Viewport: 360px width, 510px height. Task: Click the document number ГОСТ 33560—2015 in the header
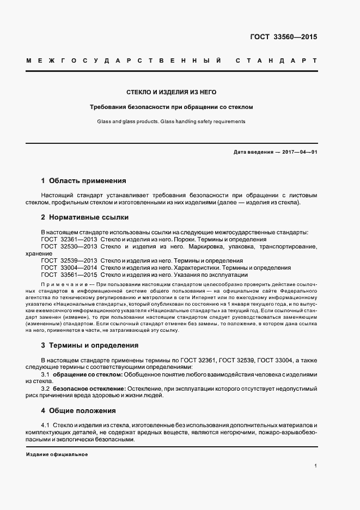point(283,38)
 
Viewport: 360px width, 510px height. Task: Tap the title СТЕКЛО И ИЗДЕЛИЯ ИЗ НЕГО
point(171,93)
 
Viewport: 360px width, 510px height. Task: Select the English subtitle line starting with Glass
point(171,122)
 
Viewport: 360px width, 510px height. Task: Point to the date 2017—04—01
point(300,151)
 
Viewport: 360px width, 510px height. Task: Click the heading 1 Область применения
point(84,180)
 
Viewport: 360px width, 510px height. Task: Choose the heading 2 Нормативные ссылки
point(85,217)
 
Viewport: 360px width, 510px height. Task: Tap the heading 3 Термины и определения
point(90,345)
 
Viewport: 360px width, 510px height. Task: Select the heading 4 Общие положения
point(79,410)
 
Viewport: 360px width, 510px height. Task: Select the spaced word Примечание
point(64,285)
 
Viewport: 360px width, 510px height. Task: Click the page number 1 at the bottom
point(316,466)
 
